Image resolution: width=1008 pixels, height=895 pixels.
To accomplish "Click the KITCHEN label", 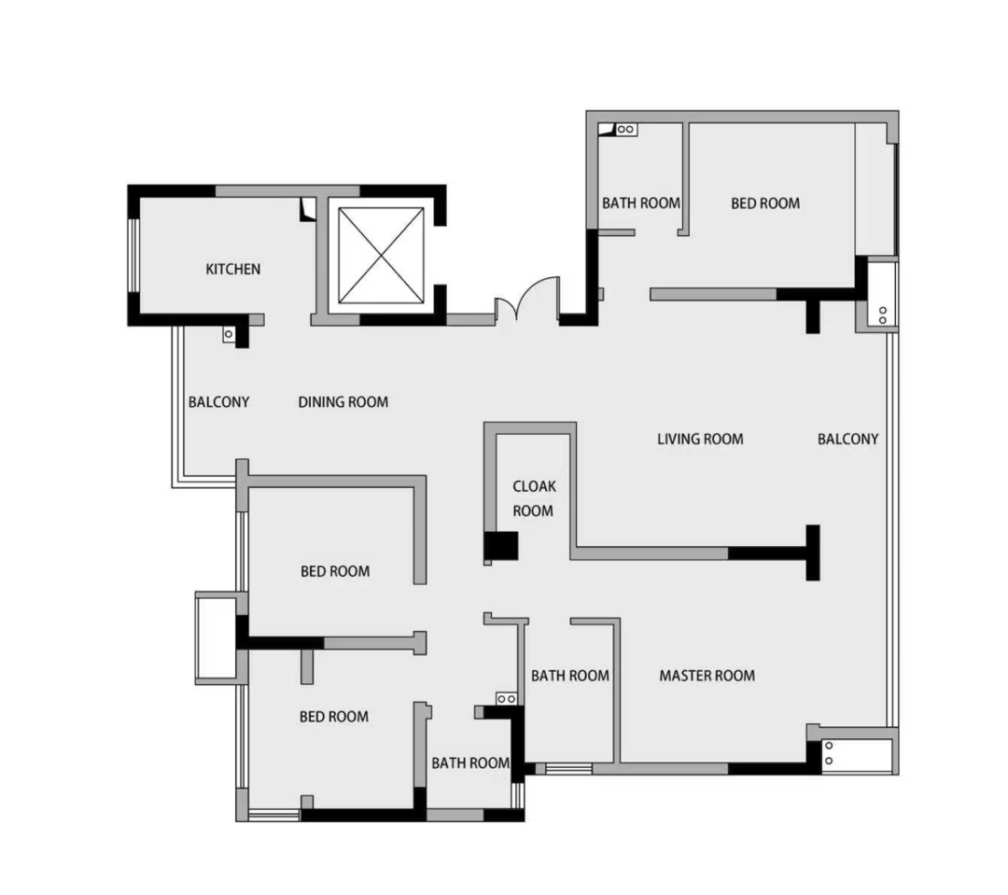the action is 232,269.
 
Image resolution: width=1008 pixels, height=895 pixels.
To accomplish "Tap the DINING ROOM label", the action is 343,402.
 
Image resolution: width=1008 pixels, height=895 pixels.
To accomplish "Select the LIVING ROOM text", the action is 700,440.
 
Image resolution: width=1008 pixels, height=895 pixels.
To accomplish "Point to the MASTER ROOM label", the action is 707,676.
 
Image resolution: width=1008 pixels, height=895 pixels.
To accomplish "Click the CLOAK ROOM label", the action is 534,498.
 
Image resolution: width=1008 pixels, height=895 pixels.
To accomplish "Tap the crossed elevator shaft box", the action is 381,256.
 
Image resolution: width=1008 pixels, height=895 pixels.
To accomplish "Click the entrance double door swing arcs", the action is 527,298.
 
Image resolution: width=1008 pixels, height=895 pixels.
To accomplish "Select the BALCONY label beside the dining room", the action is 218,402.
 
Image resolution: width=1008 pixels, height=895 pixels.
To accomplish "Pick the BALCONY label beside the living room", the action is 847,440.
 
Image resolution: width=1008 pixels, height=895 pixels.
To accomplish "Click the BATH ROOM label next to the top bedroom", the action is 641,203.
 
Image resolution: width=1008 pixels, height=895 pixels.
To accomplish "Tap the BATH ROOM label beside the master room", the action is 570,676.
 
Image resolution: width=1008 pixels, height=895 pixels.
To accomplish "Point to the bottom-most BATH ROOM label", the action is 470,763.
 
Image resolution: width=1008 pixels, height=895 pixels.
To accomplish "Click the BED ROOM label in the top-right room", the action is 765,203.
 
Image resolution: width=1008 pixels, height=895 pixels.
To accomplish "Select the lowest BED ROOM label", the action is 334,716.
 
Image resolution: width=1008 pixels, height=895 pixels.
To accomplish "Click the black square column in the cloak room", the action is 501,547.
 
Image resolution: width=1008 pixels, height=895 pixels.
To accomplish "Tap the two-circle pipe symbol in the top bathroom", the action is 626,129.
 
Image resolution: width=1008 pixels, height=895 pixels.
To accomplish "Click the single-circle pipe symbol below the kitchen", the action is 229,334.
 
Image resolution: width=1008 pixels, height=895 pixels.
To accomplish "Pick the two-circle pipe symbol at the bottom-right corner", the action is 830,753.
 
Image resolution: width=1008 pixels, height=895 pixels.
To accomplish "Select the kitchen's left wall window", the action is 133,256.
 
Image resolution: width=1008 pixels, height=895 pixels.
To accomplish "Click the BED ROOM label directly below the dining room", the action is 336,571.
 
